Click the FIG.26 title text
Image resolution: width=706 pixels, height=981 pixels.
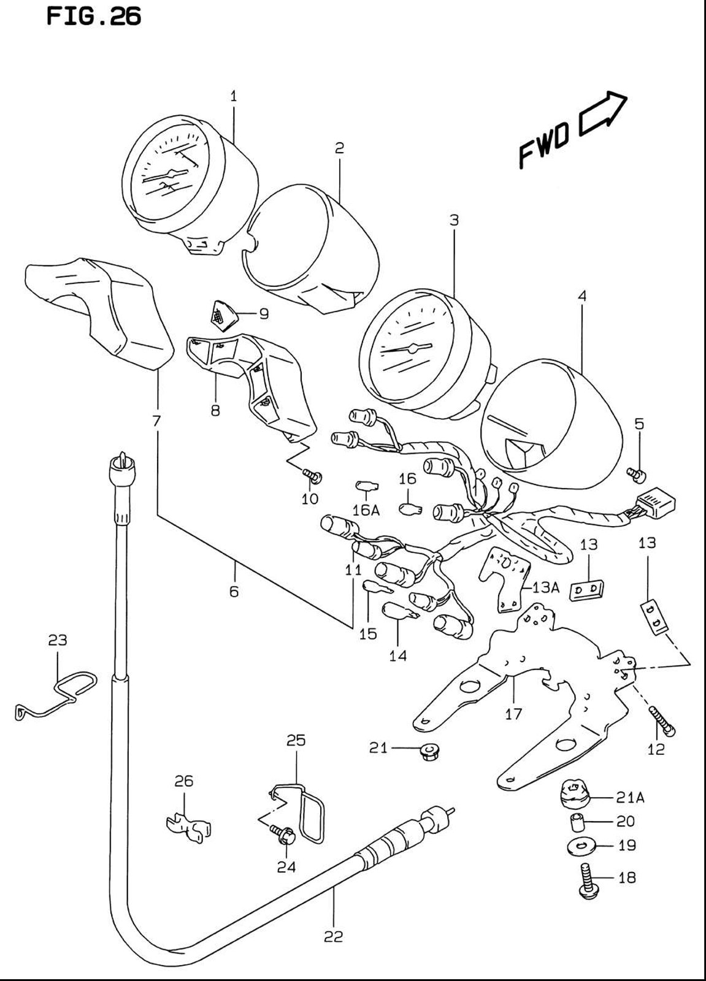click(x=94, y=16)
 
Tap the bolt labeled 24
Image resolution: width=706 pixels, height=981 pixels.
click(x=283, y=835)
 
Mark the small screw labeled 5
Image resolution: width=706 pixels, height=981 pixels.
click(x=637, y=474)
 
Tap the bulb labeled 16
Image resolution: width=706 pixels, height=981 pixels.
click(x=410, y=509)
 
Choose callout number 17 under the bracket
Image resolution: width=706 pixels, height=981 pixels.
click(x=513, y=714)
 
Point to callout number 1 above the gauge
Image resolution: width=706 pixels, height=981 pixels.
click(x=234, y=96)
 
